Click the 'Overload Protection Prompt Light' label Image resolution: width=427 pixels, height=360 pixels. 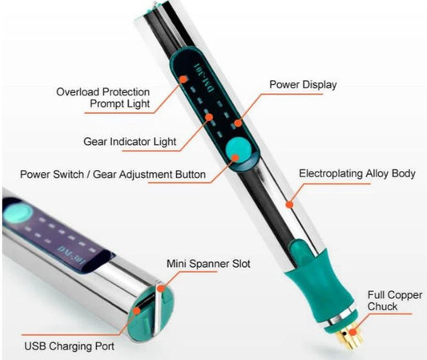point(103,98)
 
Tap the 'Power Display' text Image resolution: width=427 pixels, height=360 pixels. point(303,84)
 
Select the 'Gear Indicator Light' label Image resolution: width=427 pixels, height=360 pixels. point(130,142)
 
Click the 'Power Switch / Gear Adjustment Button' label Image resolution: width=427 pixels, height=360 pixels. point(113,175)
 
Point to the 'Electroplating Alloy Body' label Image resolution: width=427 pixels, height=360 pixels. point(357,174)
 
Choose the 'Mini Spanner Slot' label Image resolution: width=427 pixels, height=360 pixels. point(208,264)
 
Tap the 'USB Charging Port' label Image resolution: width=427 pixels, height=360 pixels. point(70,346)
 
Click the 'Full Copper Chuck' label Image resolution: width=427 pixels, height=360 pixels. point(395,301)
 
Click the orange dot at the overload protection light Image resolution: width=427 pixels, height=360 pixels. point(183,79)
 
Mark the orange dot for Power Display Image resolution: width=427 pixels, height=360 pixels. point(238,123)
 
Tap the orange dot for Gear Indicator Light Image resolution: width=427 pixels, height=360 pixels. point(209,117)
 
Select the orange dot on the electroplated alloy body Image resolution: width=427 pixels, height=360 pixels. point(290,204)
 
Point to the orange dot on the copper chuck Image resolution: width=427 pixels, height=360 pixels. point(353,332)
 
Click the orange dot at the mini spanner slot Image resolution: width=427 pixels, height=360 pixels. point(162,289)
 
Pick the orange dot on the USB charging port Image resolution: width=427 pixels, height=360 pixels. point(137,310)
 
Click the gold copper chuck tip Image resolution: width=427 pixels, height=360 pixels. point(350,337)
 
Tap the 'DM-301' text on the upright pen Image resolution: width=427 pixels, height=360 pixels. point(203,78)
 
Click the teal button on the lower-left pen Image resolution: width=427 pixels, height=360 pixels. point(18,212)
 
